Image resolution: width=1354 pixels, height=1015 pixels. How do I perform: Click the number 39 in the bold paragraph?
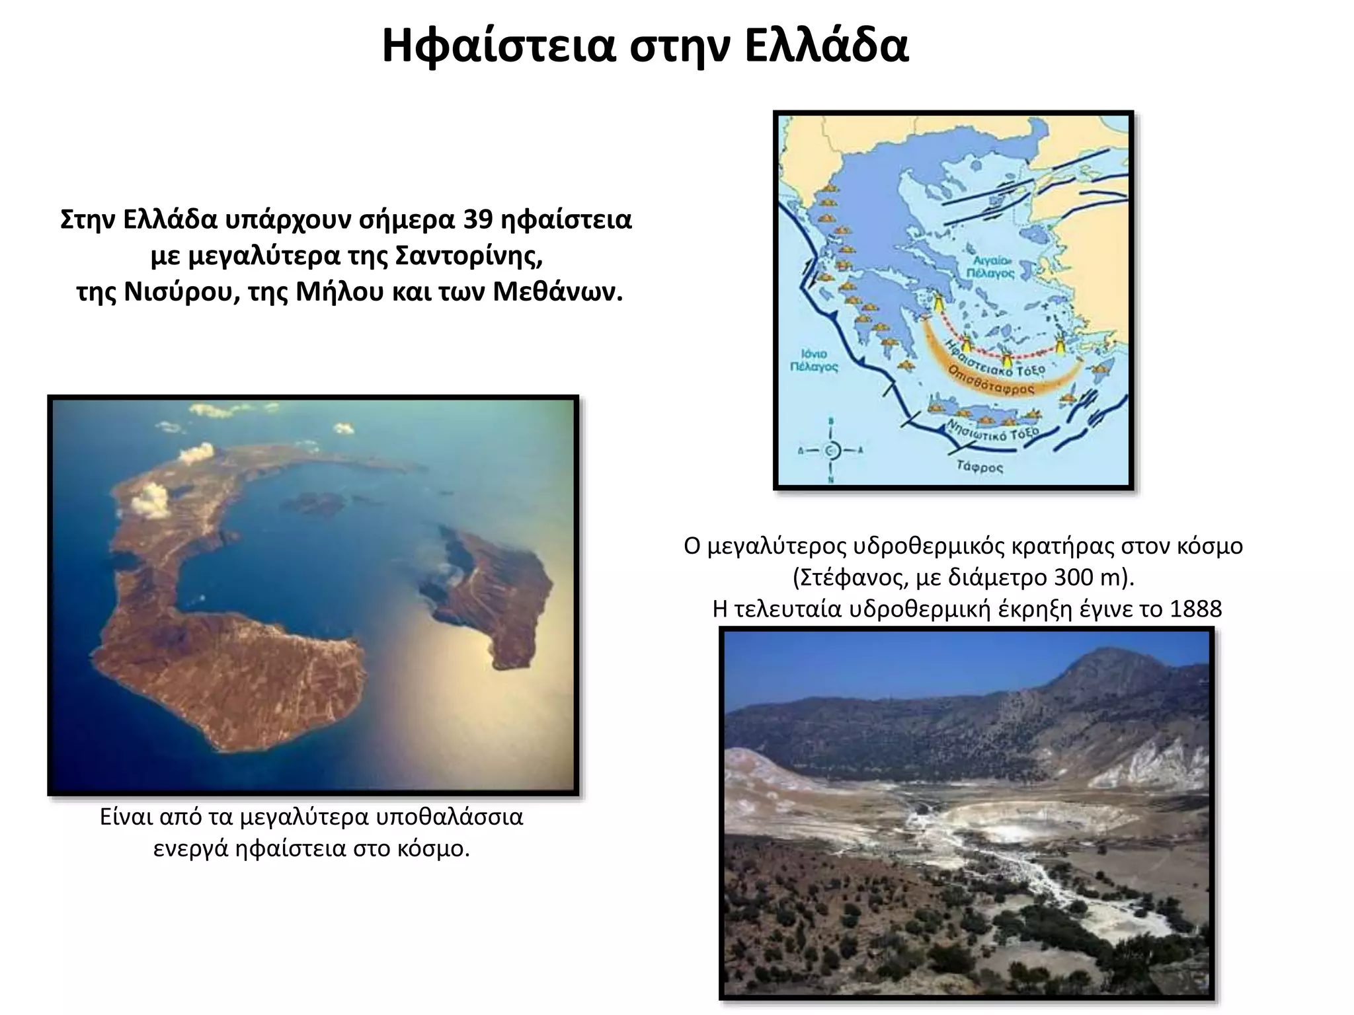[477, 219]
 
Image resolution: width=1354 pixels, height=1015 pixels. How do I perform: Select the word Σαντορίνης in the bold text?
[469, 256]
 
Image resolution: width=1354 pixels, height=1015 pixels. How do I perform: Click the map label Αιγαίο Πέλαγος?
[990, 267]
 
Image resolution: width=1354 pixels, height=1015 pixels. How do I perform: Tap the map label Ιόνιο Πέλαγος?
[814, 360]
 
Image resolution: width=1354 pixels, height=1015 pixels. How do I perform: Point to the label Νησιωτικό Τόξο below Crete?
[992, 430]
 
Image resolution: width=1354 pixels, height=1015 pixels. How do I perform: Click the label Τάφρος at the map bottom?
[980, 467]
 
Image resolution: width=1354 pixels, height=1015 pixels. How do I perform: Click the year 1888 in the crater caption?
[1195, 609]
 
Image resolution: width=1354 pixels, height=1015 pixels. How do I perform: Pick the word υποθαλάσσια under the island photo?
[450, 817]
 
